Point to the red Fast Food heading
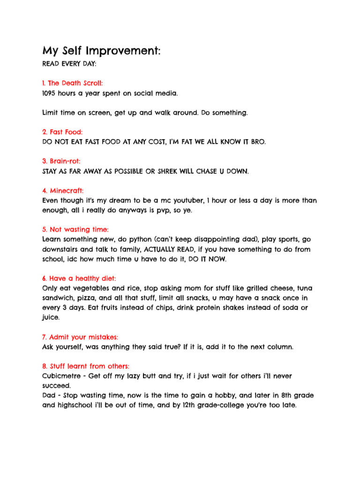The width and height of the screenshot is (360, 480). tap(62, 133)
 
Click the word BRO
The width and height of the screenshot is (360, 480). tap(257, 142)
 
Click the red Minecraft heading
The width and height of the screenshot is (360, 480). tap(63, 191)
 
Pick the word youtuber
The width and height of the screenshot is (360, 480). tap(187, 201)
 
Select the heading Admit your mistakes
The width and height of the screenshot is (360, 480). tap(80, 337)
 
